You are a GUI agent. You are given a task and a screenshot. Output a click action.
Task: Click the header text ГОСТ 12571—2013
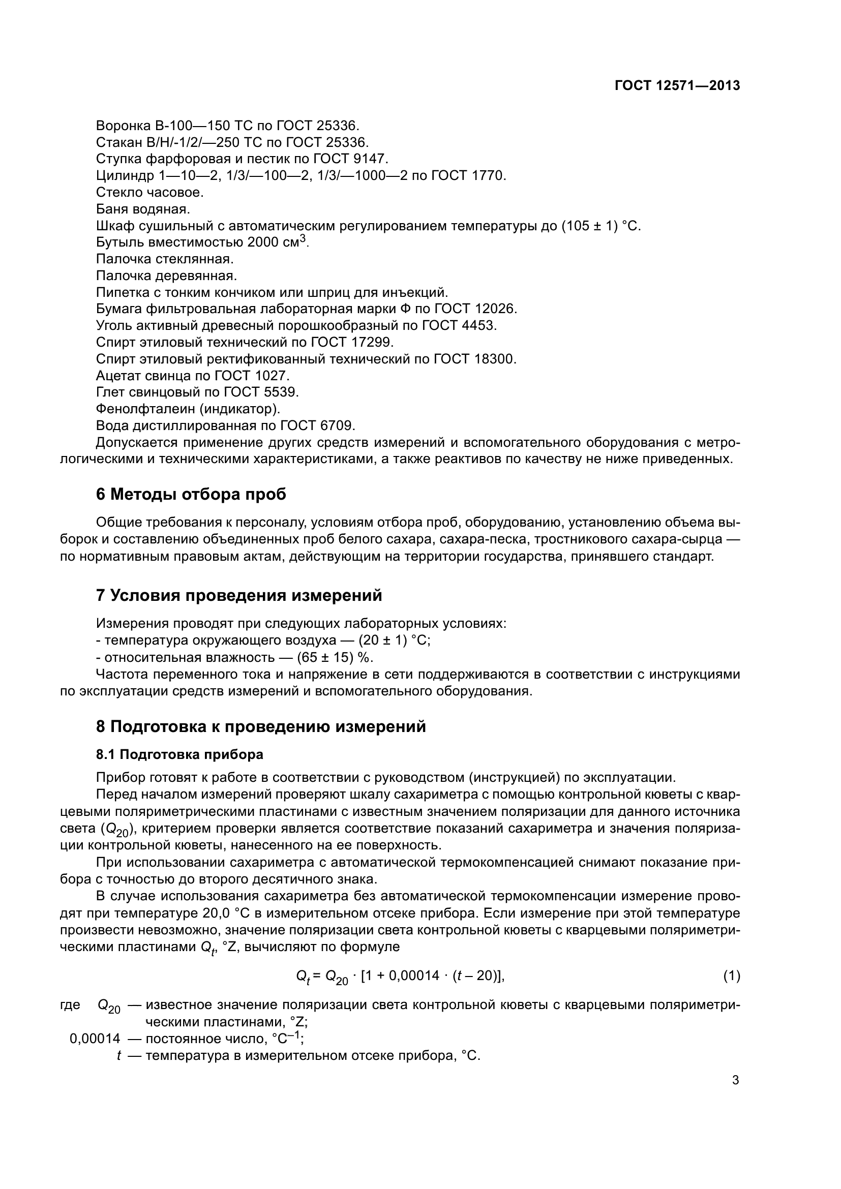pos(677,86)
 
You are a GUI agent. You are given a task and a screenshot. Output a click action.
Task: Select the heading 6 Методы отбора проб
pos(191,495)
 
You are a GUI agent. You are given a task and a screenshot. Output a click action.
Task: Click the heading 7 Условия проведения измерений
pos(239,596)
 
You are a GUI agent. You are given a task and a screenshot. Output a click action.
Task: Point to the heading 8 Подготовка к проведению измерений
pos(261,726)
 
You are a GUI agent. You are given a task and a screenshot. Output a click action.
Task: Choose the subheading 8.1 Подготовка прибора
pos(179,754)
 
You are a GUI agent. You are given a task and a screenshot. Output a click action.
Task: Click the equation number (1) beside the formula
pos(731,976)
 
